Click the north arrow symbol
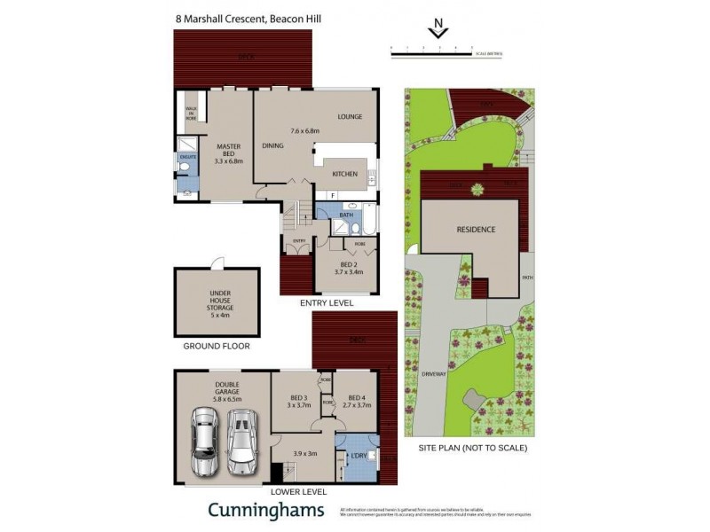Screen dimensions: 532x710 pyautogui.click(x=437, y=31)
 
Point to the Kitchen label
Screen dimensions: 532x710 pyautogui.click(x=344, y=174)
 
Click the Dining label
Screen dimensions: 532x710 pyautogui.click(x=272, y=145)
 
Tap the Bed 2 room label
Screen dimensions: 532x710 pyautogui.click(x=347, y=268)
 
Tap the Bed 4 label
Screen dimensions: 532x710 pyautogui.click(x=357, y=401)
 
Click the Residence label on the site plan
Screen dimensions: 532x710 pyautogui.click(x=476, y=230)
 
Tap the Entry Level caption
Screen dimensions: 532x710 pyautogui.click(x=327, y=303)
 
